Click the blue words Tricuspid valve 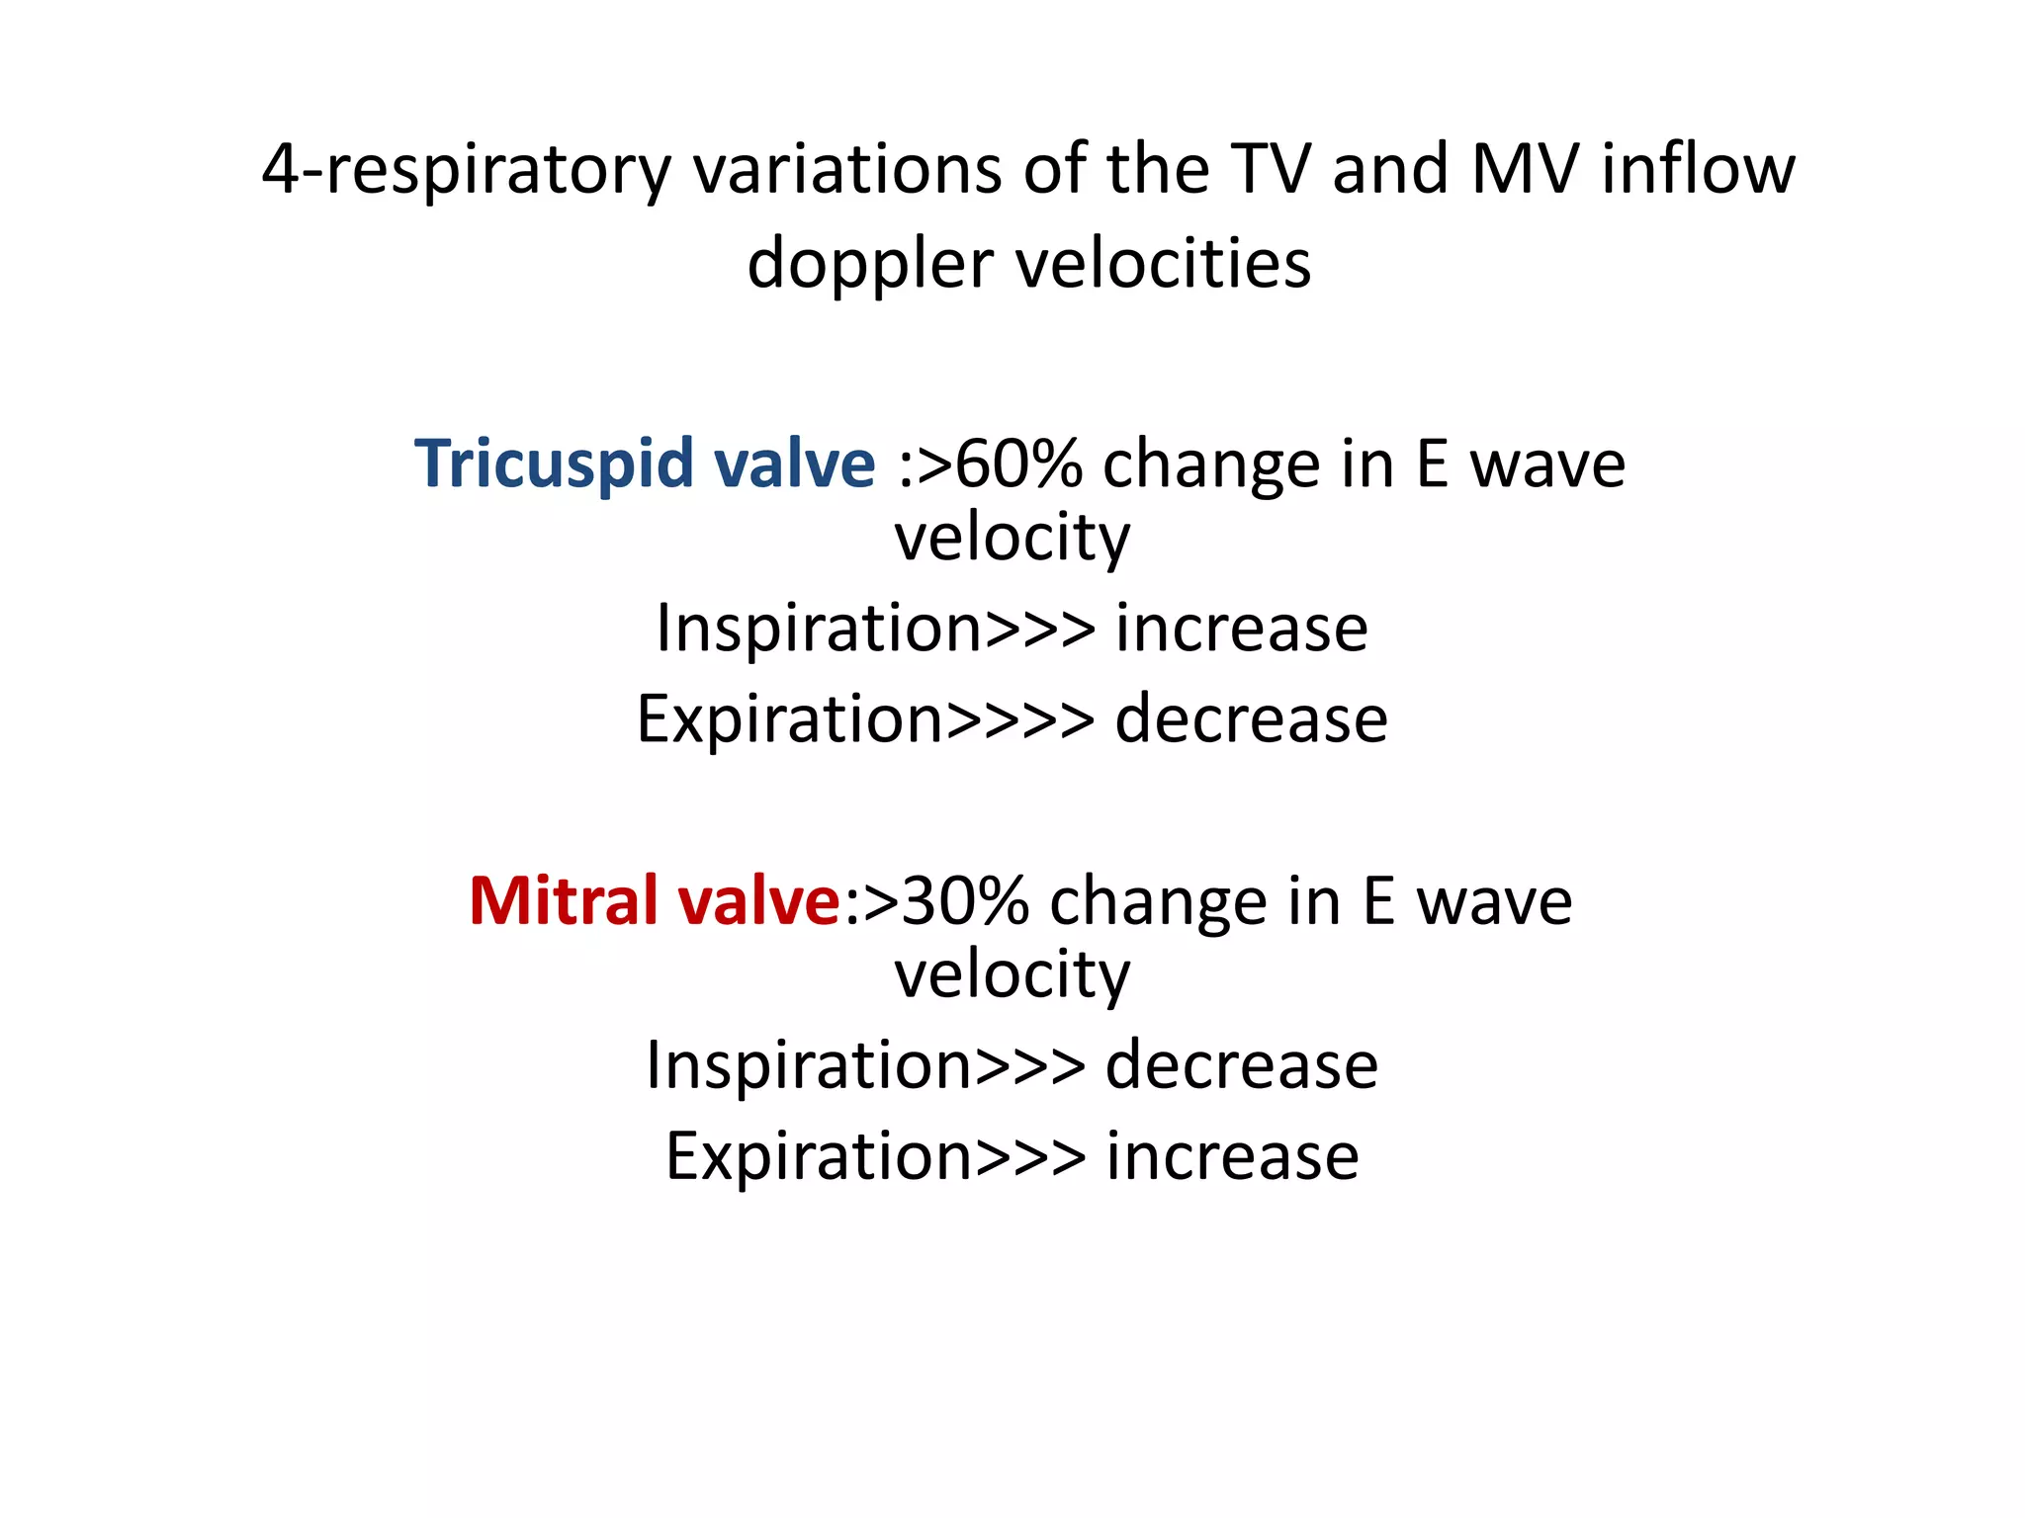coord(645,464)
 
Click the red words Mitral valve coord(655,901)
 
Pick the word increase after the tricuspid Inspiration coord(1241,629)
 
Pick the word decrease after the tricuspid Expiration coord(1251,719)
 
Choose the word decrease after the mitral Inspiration coord(1241,1066)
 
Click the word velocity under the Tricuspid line coord(1012,539)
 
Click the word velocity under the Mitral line coord(1012,976)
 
